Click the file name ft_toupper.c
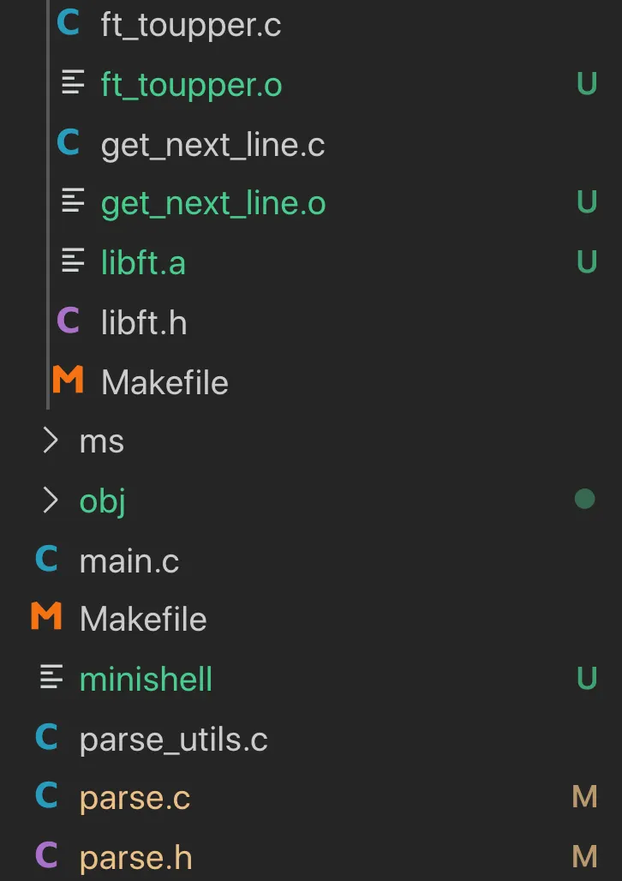click(190, 26)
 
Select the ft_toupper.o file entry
click(191, 85)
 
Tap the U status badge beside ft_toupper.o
click(586, 85)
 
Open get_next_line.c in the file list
click(212, 145)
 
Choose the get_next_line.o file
click(213, 204)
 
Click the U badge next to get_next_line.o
click(586, 203)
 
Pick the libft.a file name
click(143, 263)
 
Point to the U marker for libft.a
click(586, 262)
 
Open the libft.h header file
click(143, 323)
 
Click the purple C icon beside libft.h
click(68, 321)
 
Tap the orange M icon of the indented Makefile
click(68, 381)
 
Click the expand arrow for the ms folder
click(51, 440)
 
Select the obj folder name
click(102, 500)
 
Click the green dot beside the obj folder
click(584, 499)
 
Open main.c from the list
click(129, 560)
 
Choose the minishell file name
click(146, 680)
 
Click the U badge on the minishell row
click(586, 679)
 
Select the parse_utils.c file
click(173, 739)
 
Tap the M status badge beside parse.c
click(584, 798)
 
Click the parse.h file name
click(135, 857)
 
